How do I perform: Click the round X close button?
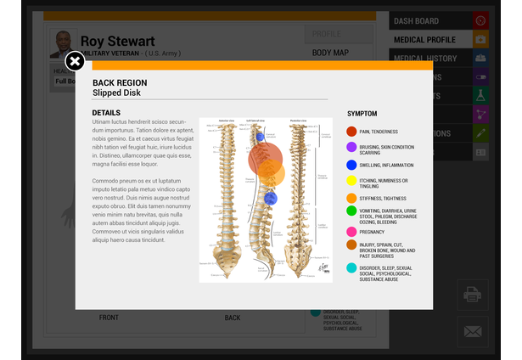click(x=75, y=61)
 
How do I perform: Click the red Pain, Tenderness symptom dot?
click(x=351, y=132)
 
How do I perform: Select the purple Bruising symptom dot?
click(x=351, y=148)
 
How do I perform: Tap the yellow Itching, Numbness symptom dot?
click(x=351, y=181)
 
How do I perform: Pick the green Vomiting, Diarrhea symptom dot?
click(x=351, y=211)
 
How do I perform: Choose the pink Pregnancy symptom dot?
click(x=351, y=231)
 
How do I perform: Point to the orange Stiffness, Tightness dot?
click(x=351, y=198)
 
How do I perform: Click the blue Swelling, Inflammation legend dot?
click(x=351, y=165)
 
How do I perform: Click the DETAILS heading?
click(x=106, y=113)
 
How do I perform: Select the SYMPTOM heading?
click(x=362, y=114)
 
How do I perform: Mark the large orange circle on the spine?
click(x=271, y=173)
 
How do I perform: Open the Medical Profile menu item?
click(x=424, y=39)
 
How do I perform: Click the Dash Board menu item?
click(x=416, y=20)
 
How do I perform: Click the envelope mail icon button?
click(x=472, y=331)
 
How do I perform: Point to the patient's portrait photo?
click(x=63, y=43)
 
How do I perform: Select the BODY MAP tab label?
click(x=330, y=53)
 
